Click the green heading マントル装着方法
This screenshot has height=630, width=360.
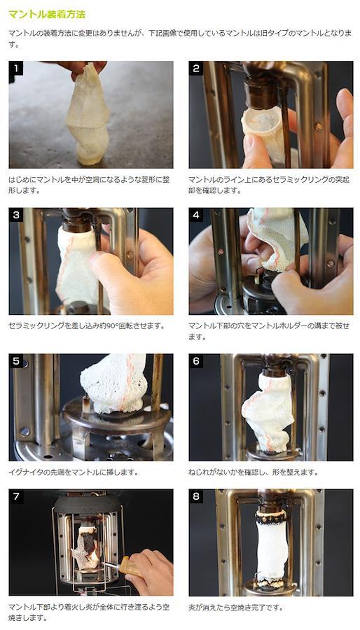click(x=47, y=15)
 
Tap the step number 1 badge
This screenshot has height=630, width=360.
click(x=16, y=69)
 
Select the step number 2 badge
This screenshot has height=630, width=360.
click(x=196, y=69)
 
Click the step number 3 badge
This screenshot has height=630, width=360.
click(x=16, y=215)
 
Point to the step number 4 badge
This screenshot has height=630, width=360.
click(x=196, y=215)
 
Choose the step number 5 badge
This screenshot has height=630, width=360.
click(x=16, y=360)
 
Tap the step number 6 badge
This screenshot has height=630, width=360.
click(x=196, y=360)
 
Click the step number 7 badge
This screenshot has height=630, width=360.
click(x=16, y=496)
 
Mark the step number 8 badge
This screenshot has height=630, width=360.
click(x=196, y=496)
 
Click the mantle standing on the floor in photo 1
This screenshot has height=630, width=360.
click(x=88, y=116)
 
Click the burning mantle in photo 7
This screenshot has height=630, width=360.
click(x=86, y=547)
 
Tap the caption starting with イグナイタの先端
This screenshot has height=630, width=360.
click(x=74, y=472)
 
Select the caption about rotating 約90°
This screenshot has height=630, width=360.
click(x=86, y=325)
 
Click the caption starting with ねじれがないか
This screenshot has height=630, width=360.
click(x=253, y=472)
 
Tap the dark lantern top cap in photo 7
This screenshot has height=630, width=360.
click(x=87, y=504)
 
